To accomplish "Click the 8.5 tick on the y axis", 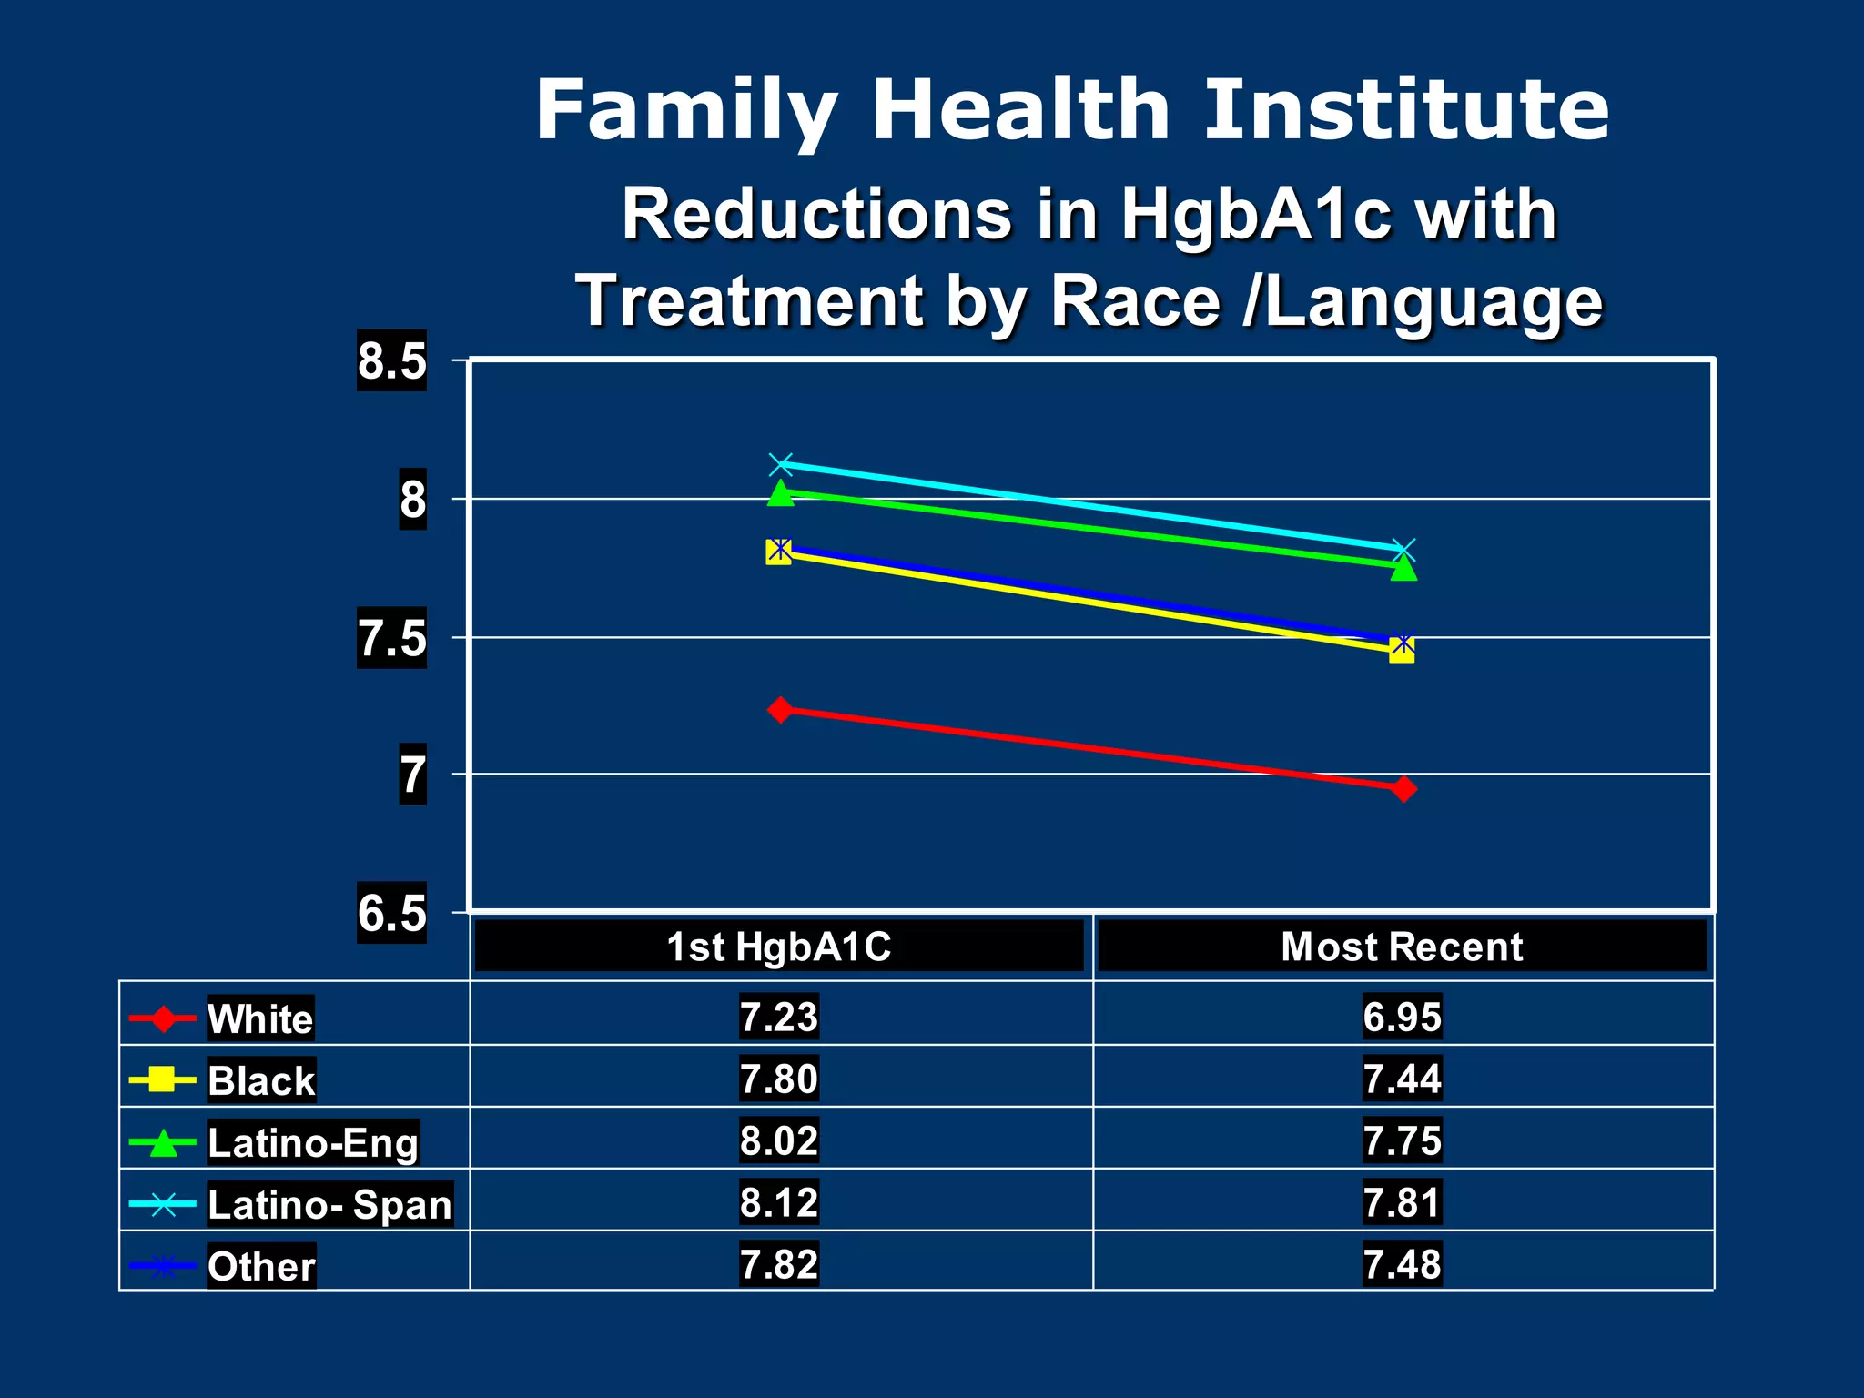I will pos(391,360).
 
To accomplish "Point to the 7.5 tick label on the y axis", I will pos(391,638).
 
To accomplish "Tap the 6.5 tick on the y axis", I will pos(391,913).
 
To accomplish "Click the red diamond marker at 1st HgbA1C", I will pos(780,709).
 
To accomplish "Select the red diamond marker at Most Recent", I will pos(1403,788).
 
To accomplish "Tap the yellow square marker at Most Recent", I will pos(1403,651).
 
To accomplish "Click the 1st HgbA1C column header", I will pos(779,947).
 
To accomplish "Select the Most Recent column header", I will pos(1402,947).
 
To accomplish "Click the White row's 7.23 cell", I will pos(779,1016).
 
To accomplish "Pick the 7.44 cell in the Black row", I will pos(1402,1079).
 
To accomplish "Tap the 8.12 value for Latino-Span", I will pos(779,1202).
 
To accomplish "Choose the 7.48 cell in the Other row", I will pos(1402,1264).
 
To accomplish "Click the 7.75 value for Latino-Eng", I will pos(1402,1140).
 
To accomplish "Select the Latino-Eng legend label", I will pos(313,1142).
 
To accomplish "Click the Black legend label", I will pos(261,1080).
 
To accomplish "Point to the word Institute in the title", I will pos(1407,109).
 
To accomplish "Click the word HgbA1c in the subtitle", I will pos(1255,215).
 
